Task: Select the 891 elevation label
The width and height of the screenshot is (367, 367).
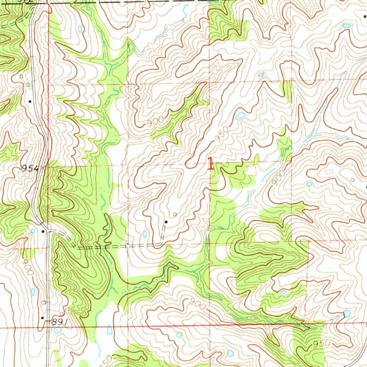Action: [x=59, y=322]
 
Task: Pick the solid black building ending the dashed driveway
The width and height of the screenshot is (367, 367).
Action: [x=166, y=222]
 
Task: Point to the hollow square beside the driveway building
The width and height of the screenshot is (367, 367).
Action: [x=175, y=214]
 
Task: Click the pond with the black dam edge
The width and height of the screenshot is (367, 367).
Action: [x=346, y=314]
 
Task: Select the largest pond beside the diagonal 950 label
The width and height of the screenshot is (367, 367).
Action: [x=240, y=115]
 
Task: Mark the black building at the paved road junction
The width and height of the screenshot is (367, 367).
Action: [x=43, y=232]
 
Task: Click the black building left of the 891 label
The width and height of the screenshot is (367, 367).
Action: [x=42, y=318]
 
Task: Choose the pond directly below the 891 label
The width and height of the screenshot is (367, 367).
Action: [x=57, y=330]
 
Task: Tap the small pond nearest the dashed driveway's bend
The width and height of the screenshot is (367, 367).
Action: [x=145, y=234]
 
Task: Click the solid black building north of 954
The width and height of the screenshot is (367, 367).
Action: [x=30, y=101]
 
